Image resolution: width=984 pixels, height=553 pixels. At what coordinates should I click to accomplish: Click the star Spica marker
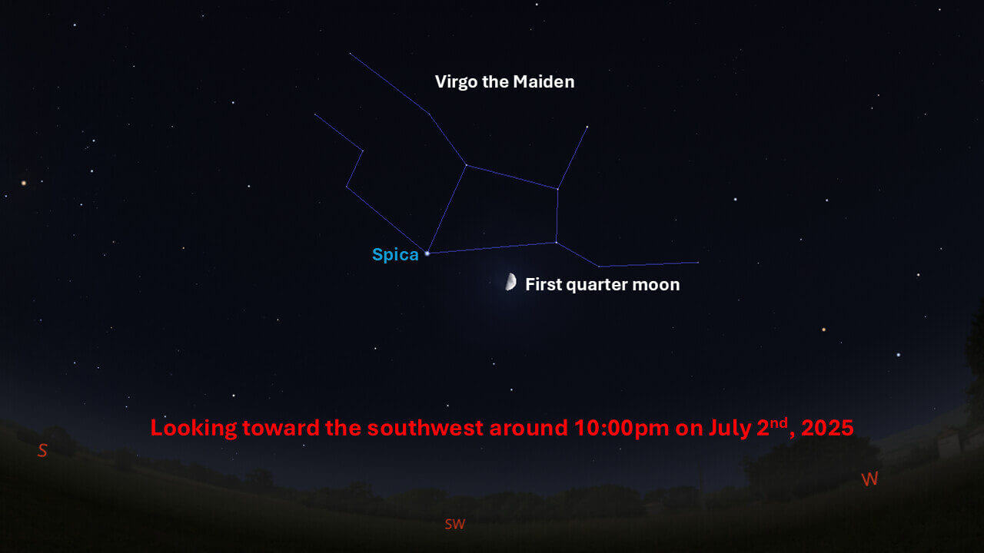point(427,253)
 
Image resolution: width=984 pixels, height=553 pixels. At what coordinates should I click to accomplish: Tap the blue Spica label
point(395,255)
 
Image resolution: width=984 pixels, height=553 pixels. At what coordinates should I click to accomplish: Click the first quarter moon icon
point(510,282)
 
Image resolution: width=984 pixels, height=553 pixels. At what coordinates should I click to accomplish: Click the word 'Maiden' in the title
point(544,81)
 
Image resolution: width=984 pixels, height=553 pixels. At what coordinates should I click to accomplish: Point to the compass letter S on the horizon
point(42,450)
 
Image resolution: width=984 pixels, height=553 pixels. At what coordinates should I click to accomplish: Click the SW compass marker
point(454,524)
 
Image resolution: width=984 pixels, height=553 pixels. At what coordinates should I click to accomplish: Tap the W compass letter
point(869,478)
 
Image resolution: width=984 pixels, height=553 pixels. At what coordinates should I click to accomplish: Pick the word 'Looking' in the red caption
point(194,429)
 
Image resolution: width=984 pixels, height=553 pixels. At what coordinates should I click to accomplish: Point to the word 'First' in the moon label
point(544,284)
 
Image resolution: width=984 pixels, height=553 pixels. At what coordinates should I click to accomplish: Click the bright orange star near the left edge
point(24,183)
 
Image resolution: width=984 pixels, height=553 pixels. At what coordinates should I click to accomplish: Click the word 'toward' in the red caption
point(281,429)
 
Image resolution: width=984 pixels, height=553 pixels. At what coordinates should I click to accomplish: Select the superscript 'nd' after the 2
point(780,422)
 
